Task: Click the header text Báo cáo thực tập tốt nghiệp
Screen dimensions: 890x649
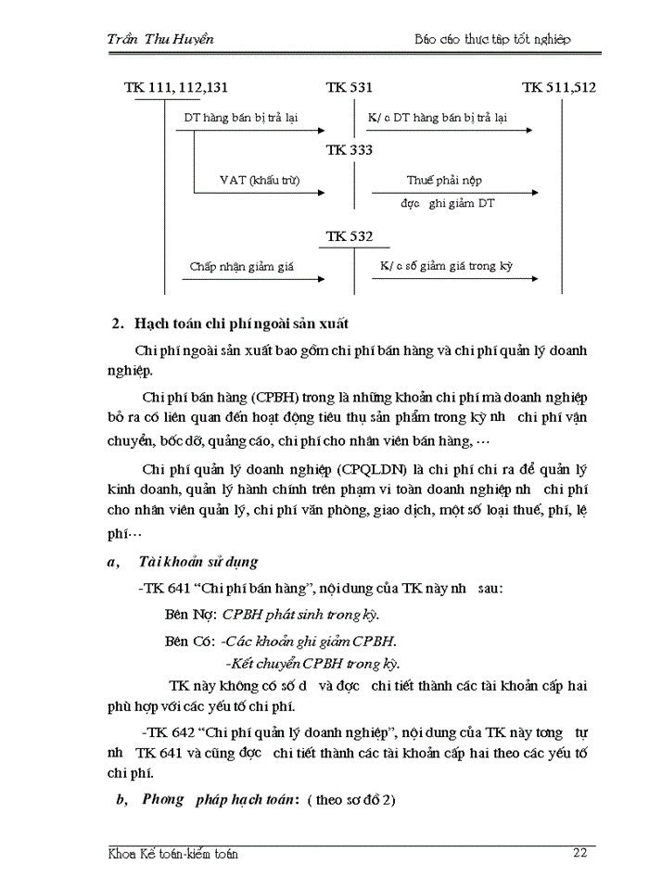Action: click(x=492, y=39)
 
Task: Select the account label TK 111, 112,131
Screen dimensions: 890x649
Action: click(x=176, y=88)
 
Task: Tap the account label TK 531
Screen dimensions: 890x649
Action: click(x=350, y=88)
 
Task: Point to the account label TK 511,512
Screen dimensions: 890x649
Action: click(x=559, y=88)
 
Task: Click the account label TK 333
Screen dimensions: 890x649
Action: click(x=350, y=150)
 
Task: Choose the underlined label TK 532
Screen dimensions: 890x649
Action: click(x=350, y=237)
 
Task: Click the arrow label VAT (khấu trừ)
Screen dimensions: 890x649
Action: click(x=260, y=180)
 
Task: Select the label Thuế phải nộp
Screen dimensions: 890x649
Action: click(x=444, y=180)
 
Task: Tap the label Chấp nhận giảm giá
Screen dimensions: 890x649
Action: click(x=242, y=267)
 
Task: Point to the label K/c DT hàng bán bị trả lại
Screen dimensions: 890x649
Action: click(x=438, y=118)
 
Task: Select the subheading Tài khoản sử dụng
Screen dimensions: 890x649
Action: click(x=197, y=562)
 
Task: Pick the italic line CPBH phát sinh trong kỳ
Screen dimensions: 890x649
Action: click(x=300, y=615)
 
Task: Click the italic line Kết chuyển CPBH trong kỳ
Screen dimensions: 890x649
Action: click(x=312, y=663)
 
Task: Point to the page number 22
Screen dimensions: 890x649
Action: click(x=579, y=854)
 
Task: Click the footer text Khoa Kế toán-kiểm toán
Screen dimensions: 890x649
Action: click(x=173, y=854)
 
